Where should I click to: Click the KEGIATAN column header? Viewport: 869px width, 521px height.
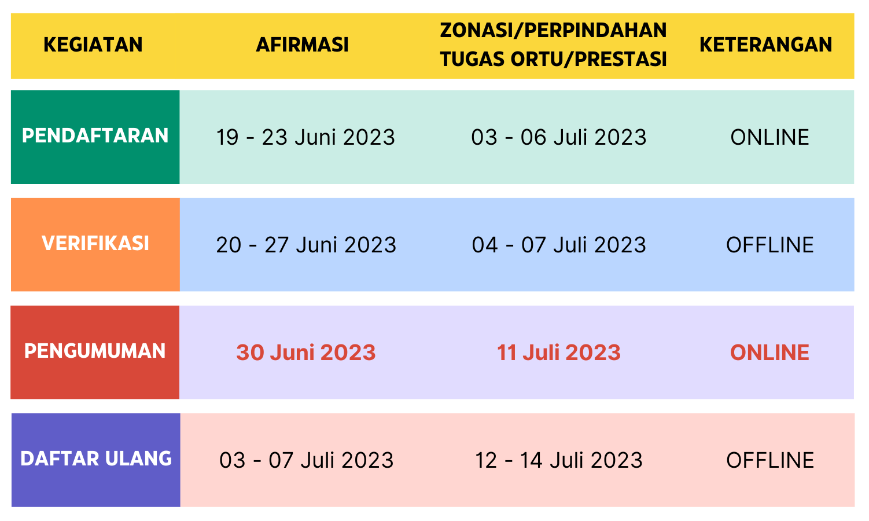pyautogui.click(x=93, y=45)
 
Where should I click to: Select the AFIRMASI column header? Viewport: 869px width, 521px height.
pyautogui.click(x=302, y=45)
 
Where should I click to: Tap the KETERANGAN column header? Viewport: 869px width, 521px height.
pyautogui.click(x=766, y=45)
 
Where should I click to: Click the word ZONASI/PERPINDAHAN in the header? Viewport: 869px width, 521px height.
pyautogui.click(x=553, y=30)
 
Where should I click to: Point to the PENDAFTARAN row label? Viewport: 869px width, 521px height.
pyautogui.click(x=95, y=136)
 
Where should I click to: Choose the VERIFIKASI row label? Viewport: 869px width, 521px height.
pyautogui.click(x=95, y=243)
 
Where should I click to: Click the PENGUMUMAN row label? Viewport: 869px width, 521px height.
pyautogui.click(x=95, y=351)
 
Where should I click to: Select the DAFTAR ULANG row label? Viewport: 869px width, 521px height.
pyautogui.click(x=96, y=458)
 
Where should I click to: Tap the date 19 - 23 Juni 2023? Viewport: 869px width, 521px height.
pyautogui.click(x=305, y=137)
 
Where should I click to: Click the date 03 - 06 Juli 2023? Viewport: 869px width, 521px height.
pyautogui.click(x=559, y=137)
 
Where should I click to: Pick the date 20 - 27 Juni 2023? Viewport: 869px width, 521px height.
pyautogui.click(x=306, y=245)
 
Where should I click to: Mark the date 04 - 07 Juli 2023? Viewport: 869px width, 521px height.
pyautogui.click(x=559, y=245)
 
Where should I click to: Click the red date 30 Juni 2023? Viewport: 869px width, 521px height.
pyautogui.click(x=306, y=353)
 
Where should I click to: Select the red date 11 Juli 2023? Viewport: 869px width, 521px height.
pyautogui.click(x=559, y=353)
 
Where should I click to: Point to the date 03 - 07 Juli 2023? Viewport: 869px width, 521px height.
pyautogui.click(x=307, y=460)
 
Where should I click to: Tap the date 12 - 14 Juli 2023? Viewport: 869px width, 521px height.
pyautogui.click(x=559, y=460)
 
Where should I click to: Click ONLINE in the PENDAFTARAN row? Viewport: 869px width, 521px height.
pyautogui.click(x=769, y=137)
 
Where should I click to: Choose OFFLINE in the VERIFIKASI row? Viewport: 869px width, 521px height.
pyautogui.click(x=769, y=245)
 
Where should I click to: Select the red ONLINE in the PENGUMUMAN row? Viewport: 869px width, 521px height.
pyautogui.click(x=769, y=353)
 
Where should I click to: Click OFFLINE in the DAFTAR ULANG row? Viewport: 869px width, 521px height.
pyautogui.click(x=769, y=460)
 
